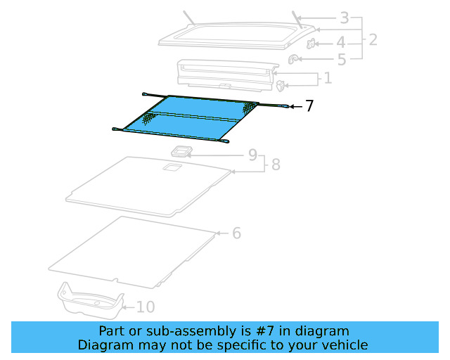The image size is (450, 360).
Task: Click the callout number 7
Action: coord(309,106)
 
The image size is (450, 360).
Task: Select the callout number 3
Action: coord(344,18)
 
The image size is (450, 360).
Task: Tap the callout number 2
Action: coord(372,39)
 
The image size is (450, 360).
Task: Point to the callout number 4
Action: coord(340,43)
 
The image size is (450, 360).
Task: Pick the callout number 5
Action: coord(341,60)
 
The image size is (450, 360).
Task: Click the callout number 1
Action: coord(327,78)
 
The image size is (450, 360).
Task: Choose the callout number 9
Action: coord(252,155)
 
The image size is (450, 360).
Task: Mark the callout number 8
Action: coord(275,165)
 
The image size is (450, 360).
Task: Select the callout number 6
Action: coord(236,233)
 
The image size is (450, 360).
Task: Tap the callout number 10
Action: coord(145,307)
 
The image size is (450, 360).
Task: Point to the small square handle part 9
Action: coord(183,151)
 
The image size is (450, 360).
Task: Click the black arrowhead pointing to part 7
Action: coord(292,106)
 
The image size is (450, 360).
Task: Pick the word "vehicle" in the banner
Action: coord(344,345)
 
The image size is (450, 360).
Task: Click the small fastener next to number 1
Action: coord(281,86)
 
